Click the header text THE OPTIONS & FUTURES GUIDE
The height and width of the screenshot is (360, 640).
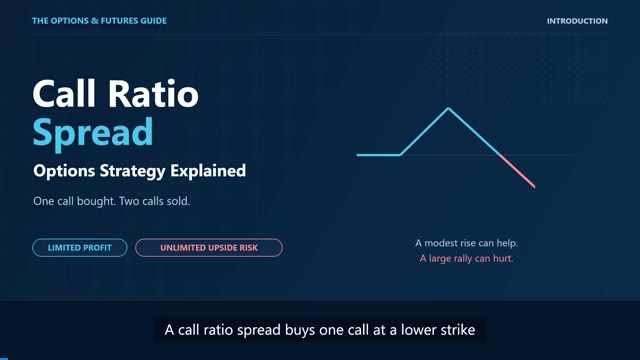(99, 21)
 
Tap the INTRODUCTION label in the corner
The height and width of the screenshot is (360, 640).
(577, 21)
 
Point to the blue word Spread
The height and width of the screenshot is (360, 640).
(93, 133)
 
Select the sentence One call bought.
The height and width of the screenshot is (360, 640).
(74, 201)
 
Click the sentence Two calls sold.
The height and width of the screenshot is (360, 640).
(155, 201)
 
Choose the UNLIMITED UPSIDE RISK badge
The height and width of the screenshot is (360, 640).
(209, 248)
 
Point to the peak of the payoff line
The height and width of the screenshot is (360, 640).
(448, 108)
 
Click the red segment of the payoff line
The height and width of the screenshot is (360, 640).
(518, 171)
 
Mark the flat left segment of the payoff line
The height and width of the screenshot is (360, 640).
(378, 155)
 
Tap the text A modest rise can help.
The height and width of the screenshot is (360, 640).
(467, 243)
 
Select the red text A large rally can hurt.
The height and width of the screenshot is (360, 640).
(467, 258)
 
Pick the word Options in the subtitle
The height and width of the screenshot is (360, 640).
(64, 171)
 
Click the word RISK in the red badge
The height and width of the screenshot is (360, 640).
(249, 248)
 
